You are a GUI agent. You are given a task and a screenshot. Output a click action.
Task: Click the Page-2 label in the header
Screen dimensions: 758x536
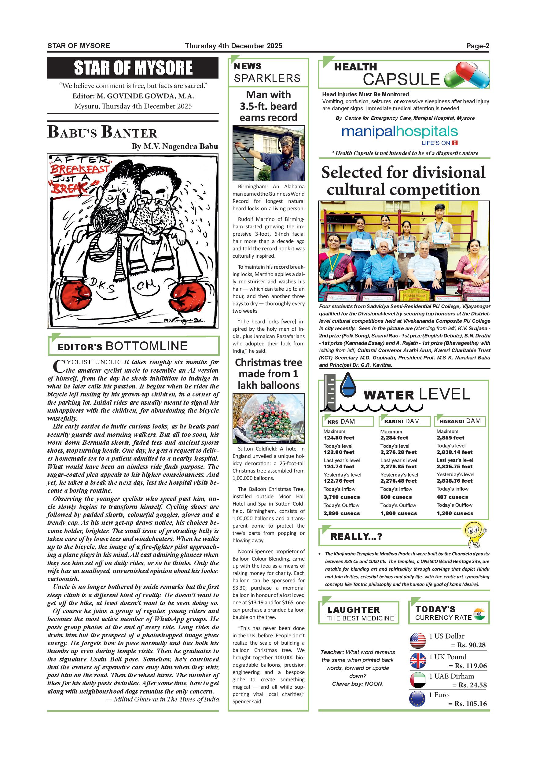coord(477,46)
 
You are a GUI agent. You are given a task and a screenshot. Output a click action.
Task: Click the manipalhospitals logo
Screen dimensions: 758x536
coord(399,132)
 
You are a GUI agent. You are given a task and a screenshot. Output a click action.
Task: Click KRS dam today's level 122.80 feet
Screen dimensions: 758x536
coord(339,452)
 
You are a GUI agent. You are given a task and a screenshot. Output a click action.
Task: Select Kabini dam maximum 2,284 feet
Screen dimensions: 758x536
coord(394,438)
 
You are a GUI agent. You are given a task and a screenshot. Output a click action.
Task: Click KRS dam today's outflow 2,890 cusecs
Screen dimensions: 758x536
coord(342,513)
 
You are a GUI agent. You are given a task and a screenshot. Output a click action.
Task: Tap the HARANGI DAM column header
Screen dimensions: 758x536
coord(460,421)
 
